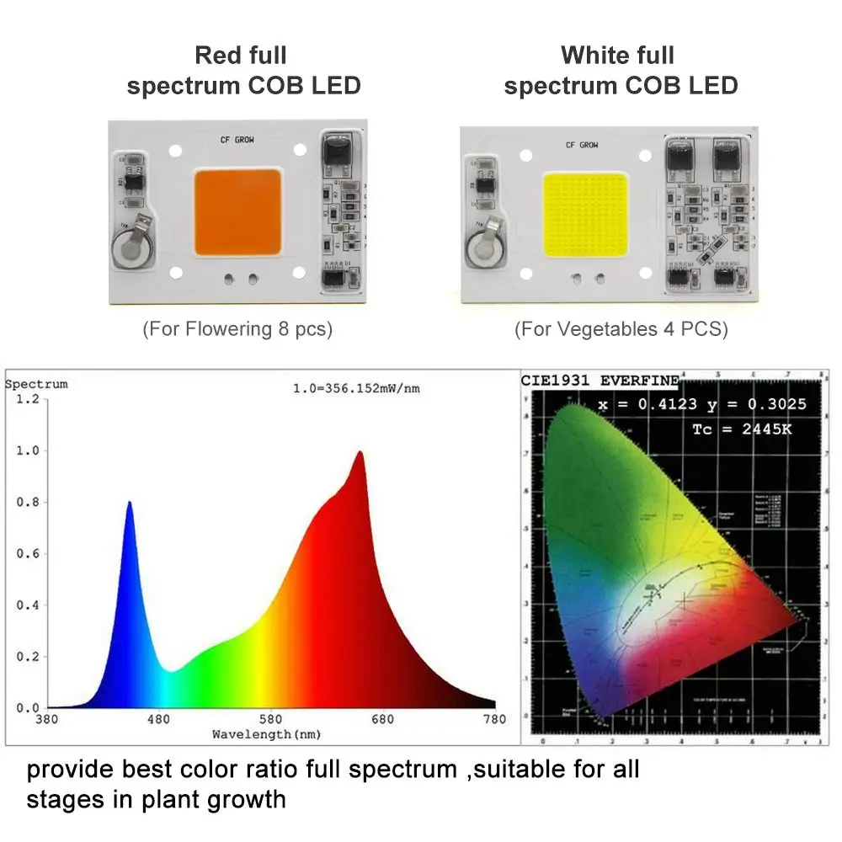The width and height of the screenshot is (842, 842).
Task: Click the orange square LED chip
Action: tap(238, 212)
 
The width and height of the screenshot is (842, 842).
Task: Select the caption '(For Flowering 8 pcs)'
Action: tap(237, 328)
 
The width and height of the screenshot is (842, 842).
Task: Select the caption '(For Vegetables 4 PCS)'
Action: tap(621, 328)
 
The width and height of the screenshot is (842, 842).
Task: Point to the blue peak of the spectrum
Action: tap(130, 505)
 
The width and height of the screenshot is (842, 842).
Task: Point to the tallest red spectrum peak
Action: tap(360, 455)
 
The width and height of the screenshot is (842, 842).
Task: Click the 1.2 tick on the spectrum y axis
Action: tap(28, 398)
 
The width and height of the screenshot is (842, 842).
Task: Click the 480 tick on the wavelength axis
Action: tap(158, 719)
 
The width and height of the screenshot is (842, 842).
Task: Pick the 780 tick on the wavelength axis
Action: tap(495, 719)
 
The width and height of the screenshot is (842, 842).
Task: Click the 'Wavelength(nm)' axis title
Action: tap(265, 734)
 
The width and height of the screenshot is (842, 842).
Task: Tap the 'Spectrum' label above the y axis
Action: tap(36, 384)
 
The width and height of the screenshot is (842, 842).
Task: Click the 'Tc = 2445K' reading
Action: tap(741, 429)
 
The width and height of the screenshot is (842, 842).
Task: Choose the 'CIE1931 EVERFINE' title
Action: tap(600, 380)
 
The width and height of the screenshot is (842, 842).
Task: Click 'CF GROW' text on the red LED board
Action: tap(237, 141)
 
